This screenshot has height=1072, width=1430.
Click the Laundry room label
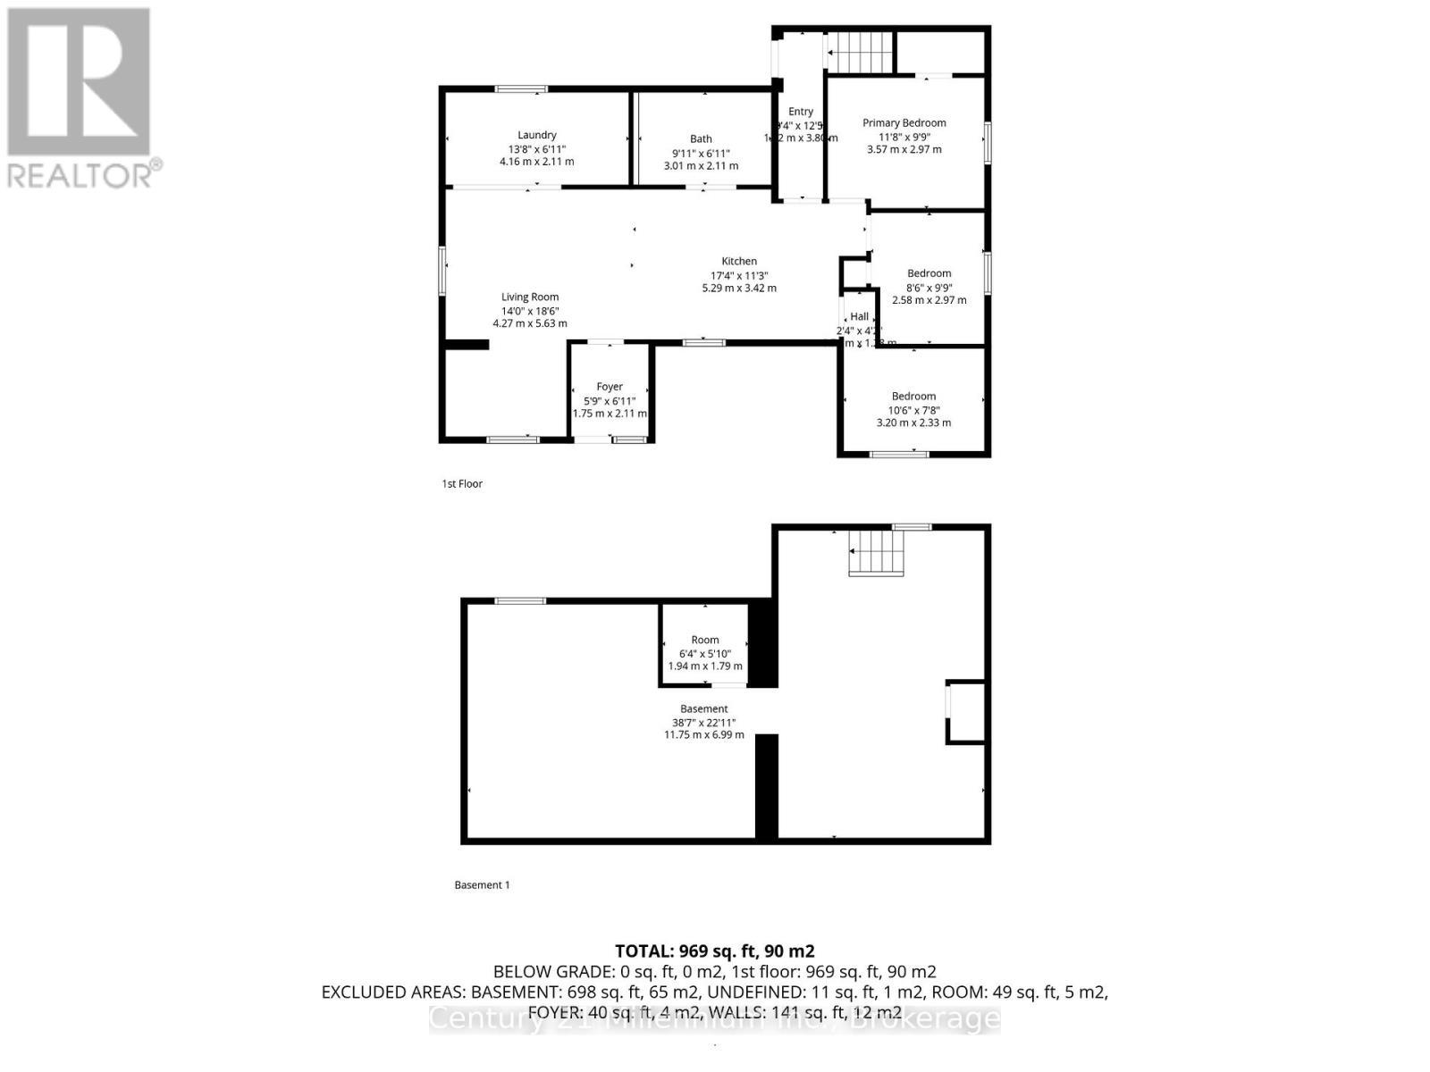pos(536,135)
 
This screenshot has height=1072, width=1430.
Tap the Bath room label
pos(701,138)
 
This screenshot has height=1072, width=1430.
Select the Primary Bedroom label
pos(904,122)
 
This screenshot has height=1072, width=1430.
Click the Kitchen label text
pos(739,261)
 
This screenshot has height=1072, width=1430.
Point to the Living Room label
pos(530,297)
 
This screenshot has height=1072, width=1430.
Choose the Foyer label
pos(610,386)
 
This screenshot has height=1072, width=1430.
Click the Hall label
pos(859,316)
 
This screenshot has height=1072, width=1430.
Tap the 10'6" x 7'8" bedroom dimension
pos(913,410)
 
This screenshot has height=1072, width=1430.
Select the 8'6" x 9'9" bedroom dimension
pos(929,288)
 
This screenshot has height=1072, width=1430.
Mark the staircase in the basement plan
pos(876,551)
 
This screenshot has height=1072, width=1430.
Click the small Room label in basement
pos(704,640)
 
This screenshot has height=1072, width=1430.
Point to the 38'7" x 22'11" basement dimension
pos(703,722)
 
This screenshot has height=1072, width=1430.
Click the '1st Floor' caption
pos(462,483)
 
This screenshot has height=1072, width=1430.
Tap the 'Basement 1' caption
pos(482,884)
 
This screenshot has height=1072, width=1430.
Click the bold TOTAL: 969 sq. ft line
pos(714,951)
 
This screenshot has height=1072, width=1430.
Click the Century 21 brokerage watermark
pos(714,1018)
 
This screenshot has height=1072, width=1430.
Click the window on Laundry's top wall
pos(522,88)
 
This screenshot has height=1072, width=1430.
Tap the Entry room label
pos(800,112)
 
